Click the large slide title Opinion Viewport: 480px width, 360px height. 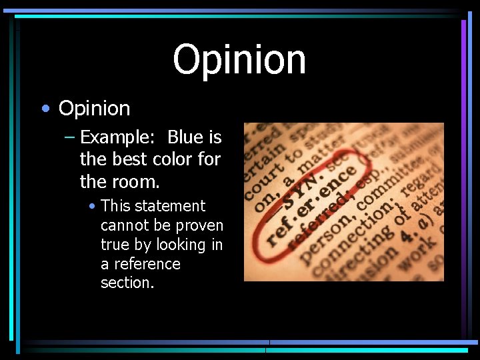(239, 59)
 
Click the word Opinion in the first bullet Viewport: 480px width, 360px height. (94, 108)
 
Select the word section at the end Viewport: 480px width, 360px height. (127, 283)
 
